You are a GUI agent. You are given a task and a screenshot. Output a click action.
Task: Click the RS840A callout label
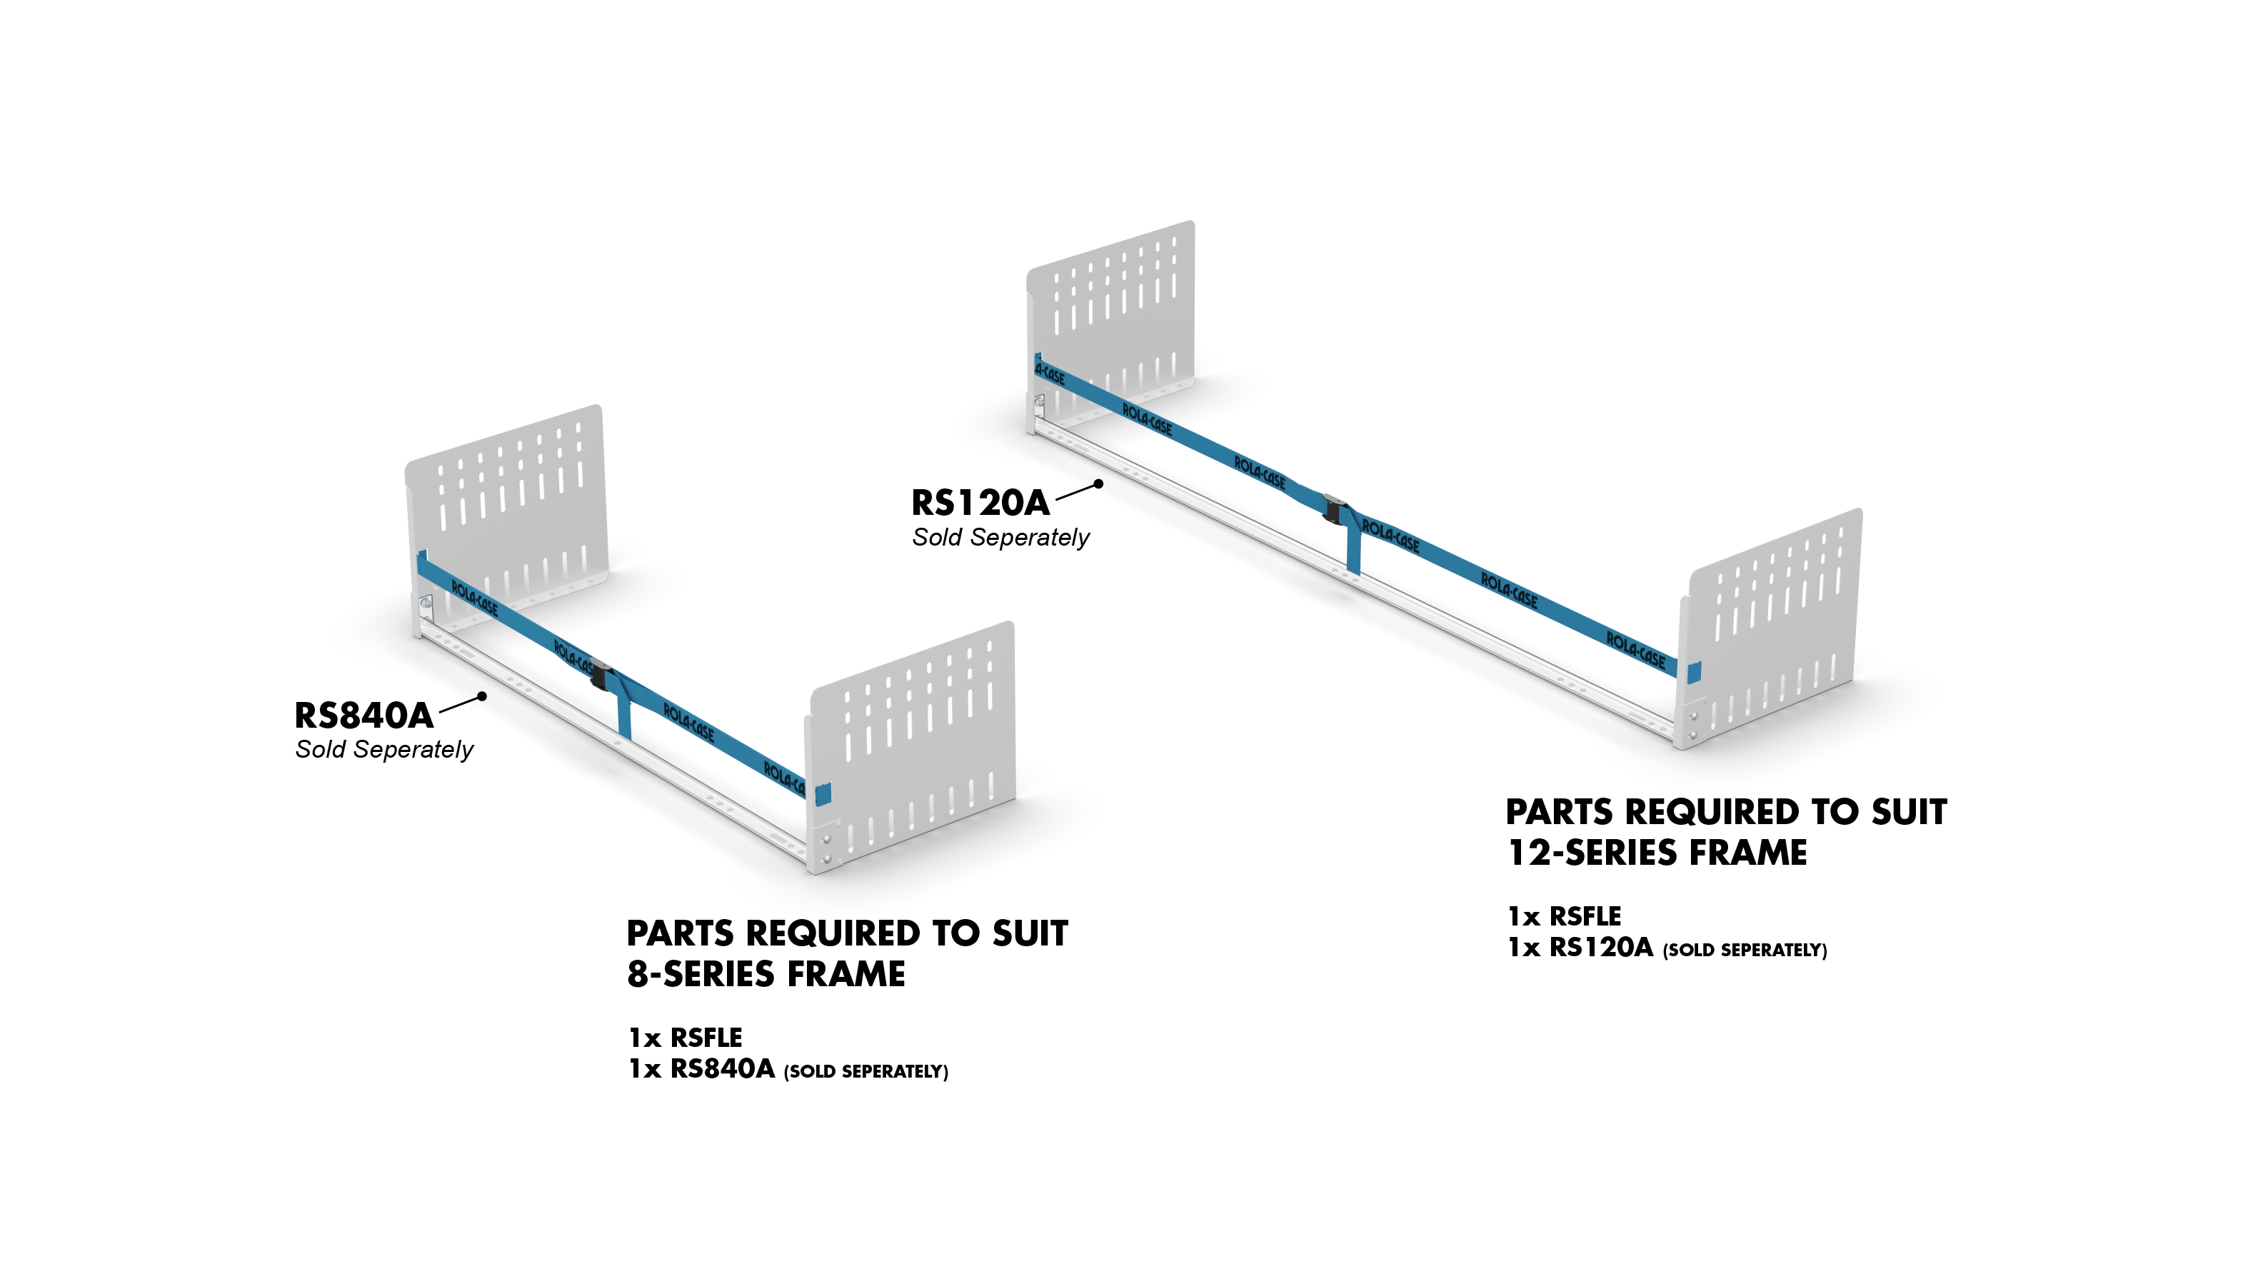point(364,716)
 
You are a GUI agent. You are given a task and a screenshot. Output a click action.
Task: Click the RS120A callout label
point(980,503)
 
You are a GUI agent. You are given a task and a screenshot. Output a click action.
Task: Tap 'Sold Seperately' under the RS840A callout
point(384,750)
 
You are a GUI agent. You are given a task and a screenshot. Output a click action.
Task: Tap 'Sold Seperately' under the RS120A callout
point(1001,538)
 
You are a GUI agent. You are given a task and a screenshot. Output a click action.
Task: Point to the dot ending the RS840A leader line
point(482,696)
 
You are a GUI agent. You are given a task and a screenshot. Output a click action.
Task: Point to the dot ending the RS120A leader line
point(1099,483)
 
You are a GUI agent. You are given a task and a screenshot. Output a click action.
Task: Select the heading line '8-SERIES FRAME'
point(766,974)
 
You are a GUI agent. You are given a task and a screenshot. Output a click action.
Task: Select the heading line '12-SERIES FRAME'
point(1657,853)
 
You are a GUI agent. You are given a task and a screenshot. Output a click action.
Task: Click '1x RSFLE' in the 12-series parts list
point(1564,916)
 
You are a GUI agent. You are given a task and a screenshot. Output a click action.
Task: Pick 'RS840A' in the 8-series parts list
point(722,1069)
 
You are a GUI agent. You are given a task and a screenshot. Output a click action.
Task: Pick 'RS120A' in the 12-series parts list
point(1600,948)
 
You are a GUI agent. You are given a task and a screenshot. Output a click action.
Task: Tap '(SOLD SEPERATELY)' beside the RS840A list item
point(865,1072)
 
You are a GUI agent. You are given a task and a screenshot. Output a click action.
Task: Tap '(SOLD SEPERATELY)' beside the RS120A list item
point(1745,950)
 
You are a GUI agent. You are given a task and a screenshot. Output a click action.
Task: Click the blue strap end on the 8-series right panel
point(822,794)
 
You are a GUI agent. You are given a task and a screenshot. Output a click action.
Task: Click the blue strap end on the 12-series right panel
point(1693,673)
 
